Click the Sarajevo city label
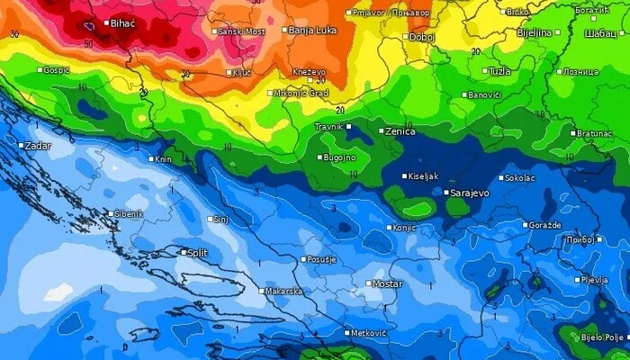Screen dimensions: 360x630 (472, 193)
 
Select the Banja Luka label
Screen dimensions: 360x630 (311, 31)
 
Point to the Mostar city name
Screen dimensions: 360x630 (387, 283)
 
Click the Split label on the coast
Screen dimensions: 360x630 (196, 253)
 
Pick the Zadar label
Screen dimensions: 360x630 (38, 145)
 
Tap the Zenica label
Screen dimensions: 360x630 (400, 131)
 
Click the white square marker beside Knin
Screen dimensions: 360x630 (150, 159)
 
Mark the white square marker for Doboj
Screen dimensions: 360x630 (405, 38)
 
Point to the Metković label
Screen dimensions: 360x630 (368, 333)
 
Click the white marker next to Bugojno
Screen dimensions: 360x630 (319, 157)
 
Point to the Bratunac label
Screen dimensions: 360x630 (595, 132)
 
